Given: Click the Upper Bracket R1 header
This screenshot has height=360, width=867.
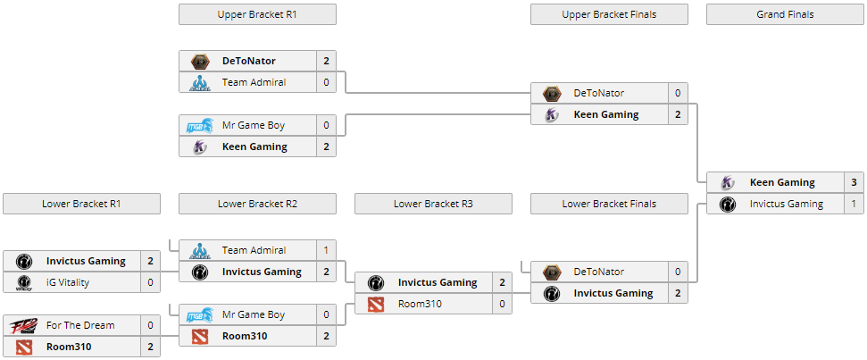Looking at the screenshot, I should [x=257, y=14].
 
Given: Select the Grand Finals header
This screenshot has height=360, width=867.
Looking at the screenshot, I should [x=785, y=14].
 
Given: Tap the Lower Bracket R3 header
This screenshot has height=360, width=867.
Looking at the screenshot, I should [x=433, y=204].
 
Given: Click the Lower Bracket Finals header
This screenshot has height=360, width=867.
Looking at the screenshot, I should [x=609, y=204].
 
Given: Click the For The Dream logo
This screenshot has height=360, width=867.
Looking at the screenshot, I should [x=21, y=325].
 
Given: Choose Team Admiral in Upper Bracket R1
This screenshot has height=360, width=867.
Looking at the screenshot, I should [x=254, y=82].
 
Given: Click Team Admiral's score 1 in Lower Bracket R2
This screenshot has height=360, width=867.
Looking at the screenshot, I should [x=326, y=250].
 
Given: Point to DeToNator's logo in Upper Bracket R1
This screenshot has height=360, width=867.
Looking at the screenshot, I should [x=199, y=61].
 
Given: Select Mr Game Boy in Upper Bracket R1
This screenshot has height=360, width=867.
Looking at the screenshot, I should [x=254, y=125].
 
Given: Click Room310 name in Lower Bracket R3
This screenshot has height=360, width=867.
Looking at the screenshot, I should [x=421, y=304].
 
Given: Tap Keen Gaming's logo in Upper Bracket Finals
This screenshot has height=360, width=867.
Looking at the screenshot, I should [x=551, y=114].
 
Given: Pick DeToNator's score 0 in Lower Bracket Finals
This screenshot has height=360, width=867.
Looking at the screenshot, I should [x=678, y=272].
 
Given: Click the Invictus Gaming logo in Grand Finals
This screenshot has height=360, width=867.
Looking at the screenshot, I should [x=727, y=204].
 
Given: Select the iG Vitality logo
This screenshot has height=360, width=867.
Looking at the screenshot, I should [x=21, y=282].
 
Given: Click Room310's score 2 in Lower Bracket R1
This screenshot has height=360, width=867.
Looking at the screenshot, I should [x=150, y=347].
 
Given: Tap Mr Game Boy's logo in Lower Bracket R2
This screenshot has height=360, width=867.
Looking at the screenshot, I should [x=199, y=314].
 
